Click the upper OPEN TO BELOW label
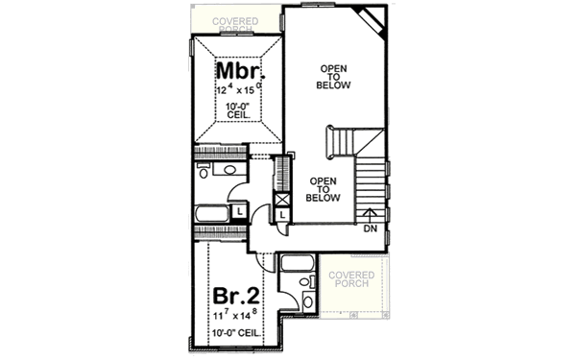tap(334, 78)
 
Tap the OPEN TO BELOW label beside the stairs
tap(324, 189)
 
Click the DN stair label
tap(371, 228)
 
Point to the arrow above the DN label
tap(371, 213)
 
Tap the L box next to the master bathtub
tap(239, 211)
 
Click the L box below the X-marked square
tap(282, 214)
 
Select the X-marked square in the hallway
tap(282, 199)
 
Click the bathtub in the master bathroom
tap(211, 213)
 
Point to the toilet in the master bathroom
tap(204, 171)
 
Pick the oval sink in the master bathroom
tap(229, 170)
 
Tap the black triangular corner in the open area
tap(370, 18)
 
